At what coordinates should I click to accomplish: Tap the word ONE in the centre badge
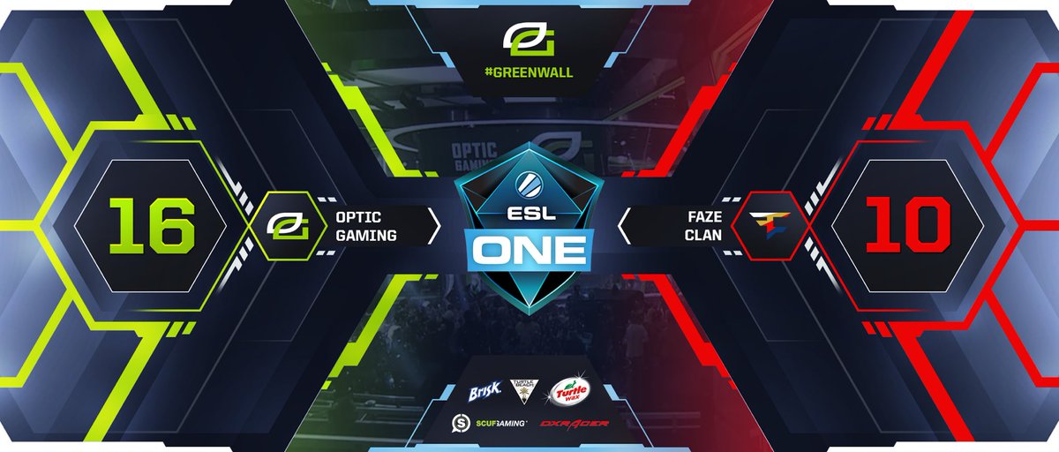(x=529, y=250)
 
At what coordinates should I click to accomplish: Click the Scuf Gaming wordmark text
(x=501, y=424)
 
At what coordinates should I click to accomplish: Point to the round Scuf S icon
(x=460, y=423)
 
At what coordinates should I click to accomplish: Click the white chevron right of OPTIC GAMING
(x=433, y=227)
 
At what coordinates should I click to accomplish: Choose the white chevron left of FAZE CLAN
(x=625, y=227)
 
